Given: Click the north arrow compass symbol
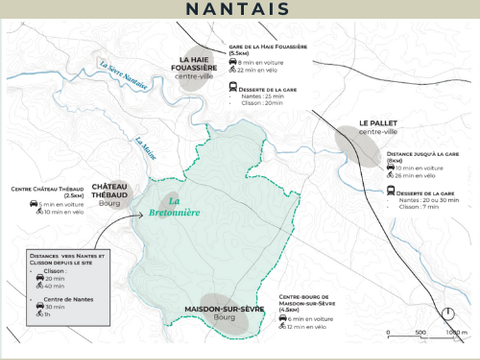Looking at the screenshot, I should click(449, 314).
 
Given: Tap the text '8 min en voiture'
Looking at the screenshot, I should click(264, 62).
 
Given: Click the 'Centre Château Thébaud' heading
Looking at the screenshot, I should click(46, 189).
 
